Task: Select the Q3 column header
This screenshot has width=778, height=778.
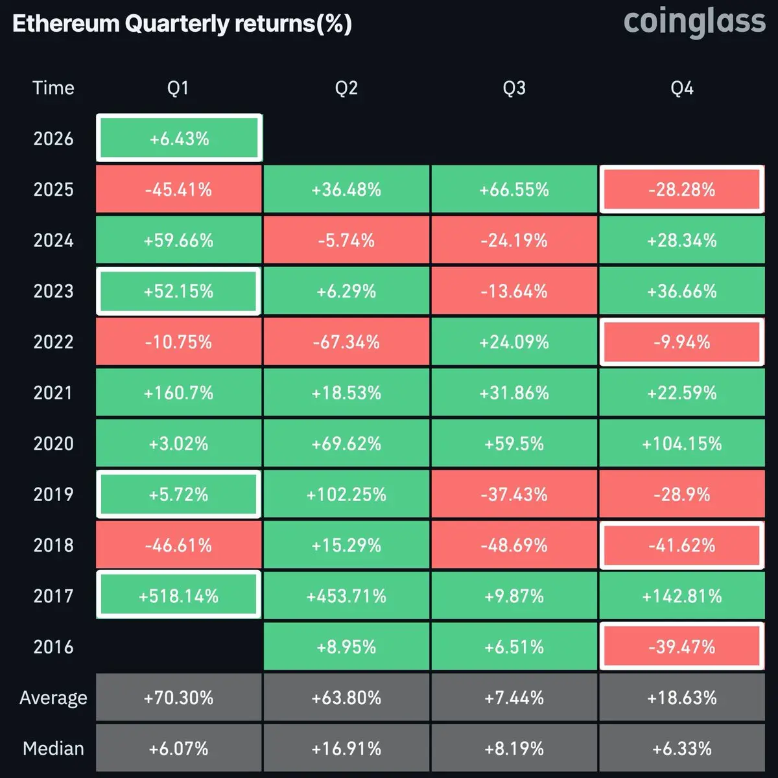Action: pos(514,88)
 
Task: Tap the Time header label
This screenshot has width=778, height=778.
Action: pos(53,88)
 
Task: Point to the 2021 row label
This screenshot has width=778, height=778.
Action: pos(53,393)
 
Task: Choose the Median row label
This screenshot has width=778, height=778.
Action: pos(53,749)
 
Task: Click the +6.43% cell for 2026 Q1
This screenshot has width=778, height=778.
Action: pos(179,139)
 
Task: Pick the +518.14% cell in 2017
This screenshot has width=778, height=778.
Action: pos(179,596)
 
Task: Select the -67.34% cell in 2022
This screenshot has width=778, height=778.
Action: pos(346,342)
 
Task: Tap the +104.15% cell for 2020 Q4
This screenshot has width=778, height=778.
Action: pos(681,443)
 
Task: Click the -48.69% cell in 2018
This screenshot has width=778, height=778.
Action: pos(514,545)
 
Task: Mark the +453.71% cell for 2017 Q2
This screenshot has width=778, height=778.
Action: pos(346,596)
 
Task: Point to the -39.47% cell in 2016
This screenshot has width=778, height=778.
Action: pos(681,646)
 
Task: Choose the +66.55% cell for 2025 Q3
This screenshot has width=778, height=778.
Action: pos(514,189)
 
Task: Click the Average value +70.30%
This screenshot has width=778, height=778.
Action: pos(179,698)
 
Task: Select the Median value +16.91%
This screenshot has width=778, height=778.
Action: pos(346,749)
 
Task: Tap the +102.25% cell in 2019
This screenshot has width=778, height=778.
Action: pos(346,495)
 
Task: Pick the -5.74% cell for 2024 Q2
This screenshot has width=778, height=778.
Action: pos(346,241)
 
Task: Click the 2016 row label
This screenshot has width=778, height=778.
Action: pos(53,646)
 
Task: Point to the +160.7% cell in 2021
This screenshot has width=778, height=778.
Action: pos(179,393)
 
